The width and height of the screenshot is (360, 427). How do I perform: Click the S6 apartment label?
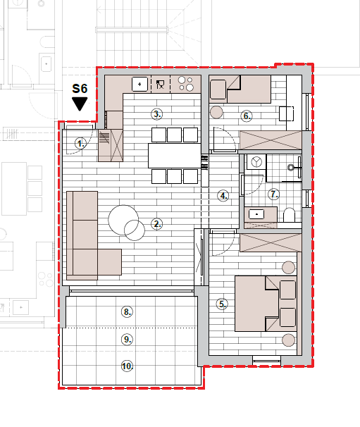80,89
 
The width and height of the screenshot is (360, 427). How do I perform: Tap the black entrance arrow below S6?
80,104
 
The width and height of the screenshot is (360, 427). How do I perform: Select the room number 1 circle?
80,144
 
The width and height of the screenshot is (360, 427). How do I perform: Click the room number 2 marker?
157,224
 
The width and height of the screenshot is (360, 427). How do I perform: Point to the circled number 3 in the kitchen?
157,114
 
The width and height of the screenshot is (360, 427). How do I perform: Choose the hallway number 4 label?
223,196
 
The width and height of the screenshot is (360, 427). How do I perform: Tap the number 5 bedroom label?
222,304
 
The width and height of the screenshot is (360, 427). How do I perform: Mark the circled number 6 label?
247,116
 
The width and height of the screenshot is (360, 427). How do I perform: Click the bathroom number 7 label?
273,194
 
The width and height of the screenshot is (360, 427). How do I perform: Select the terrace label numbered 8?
127,312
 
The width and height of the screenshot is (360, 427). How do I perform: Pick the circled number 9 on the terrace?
127,340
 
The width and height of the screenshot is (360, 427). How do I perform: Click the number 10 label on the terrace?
127,366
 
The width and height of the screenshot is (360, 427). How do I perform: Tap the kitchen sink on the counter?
139,84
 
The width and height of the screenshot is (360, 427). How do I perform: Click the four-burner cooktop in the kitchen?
185,84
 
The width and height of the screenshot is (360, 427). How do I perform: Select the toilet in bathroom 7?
290,215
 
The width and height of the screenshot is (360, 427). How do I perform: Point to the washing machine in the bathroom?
256,162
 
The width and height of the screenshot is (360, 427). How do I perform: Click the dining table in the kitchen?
175,156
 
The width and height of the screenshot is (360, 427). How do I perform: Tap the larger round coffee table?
123,220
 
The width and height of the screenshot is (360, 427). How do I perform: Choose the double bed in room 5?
266,304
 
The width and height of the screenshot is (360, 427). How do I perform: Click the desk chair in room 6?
287,113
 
